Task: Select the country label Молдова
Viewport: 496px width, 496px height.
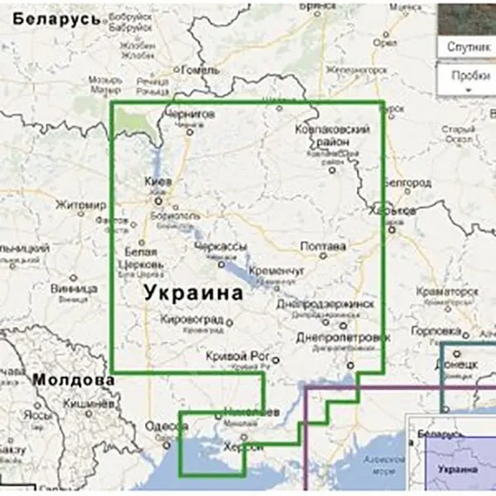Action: click(x=74, y=380)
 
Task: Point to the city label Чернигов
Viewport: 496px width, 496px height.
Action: click(x=190, y=115)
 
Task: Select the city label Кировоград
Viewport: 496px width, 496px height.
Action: click(x=193, y=320)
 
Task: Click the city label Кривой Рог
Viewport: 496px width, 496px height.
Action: click(x=231, y=356)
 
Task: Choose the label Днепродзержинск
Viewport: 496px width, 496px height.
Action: click(x=325, y=304)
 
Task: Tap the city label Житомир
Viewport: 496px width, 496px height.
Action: click(x=81, y=204)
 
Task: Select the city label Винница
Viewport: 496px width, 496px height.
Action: click(x=74, y=290)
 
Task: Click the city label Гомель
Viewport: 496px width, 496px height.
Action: click(x=200, y=69)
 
